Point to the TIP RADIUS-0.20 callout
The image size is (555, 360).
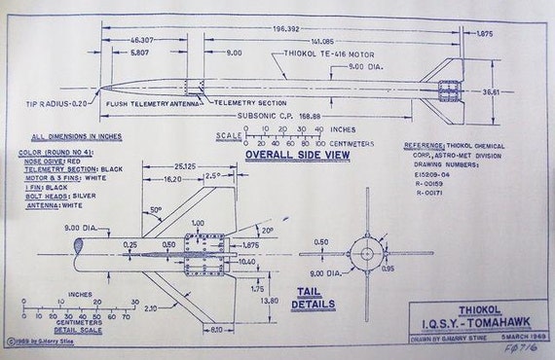(58, 101)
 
